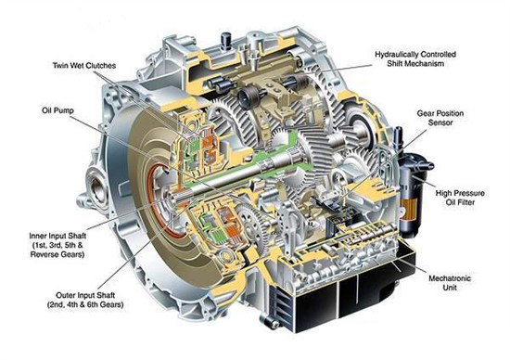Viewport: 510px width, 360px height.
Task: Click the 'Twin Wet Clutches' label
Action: pos(84,66)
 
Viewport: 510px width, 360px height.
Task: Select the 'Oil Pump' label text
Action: pos(57,110)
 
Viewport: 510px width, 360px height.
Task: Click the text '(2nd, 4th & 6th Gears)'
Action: pos(85,305)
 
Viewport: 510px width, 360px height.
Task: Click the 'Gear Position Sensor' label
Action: pos(440,118)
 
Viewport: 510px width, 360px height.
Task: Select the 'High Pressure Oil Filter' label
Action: pos(460,198)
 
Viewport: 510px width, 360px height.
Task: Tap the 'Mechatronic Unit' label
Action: pos(450,283)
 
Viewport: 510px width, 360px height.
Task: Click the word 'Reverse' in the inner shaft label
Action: pos(44,254)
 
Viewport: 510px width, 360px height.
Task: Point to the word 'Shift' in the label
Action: pos(396,63)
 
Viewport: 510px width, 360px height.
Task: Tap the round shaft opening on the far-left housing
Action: pos(97,190)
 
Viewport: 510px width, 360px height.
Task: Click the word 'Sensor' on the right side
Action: pos(440,122)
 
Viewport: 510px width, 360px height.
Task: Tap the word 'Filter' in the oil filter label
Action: pos(465,202)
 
